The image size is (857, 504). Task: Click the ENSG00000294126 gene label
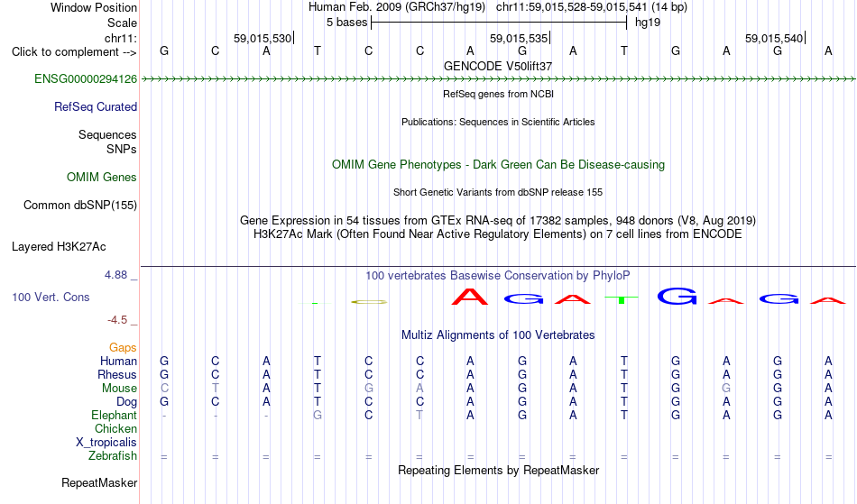point(86,79)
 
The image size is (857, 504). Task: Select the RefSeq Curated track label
point(96,107)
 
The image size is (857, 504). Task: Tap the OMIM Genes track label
point(102,178)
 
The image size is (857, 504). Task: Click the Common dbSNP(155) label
point(80,206)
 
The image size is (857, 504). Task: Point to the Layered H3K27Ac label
point(59,247)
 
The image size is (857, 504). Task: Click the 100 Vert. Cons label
point(51,297)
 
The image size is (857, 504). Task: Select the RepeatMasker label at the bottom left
point(99,482)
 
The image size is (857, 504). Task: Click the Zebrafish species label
point(113,456)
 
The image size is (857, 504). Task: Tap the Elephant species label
point(115,416)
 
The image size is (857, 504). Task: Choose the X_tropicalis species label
point(106,443)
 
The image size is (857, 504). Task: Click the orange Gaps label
point(123,348)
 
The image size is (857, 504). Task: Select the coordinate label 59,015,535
point(518,39)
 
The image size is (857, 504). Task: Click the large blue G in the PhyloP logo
point(677,296)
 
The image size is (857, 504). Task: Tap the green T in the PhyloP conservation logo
point(622,299)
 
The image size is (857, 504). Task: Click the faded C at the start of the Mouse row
point(164,389)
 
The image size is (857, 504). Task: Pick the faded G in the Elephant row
point(317,416)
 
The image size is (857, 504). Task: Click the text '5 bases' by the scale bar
point(347,23)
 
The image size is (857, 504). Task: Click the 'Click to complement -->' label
point(74,52)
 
